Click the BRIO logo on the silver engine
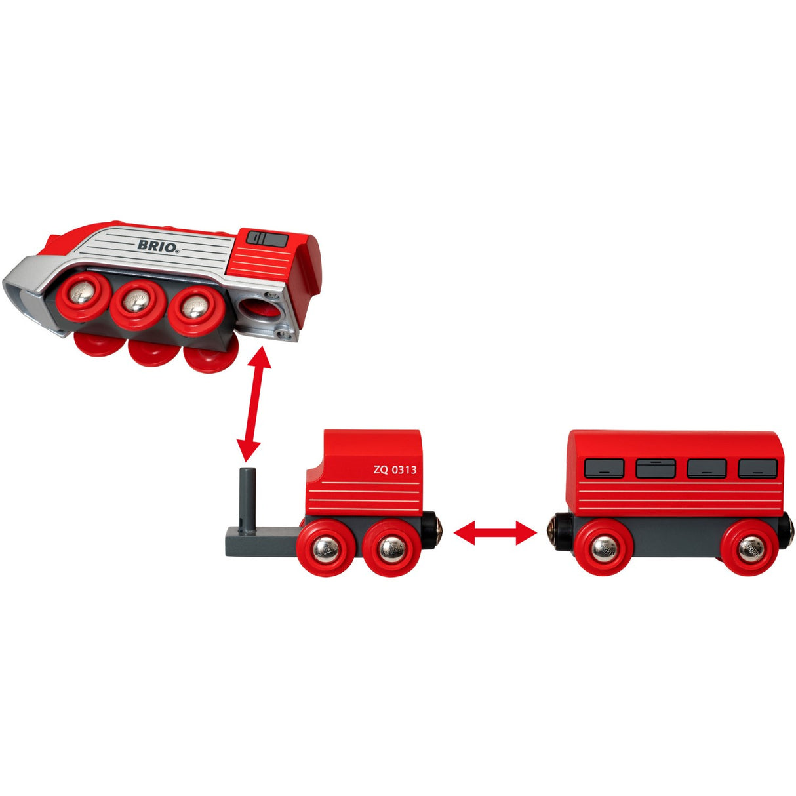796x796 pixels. pyautogui.click(x=158, y=246)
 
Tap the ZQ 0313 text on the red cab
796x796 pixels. pyautogui.click(x=395, y=469)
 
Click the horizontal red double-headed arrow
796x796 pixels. pyautogui.click(x=495, y=533)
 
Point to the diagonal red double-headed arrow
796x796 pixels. pyautogui.click(x=254, y=404)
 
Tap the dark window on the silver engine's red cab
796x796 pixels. pyautogui.click(x=268, y=239)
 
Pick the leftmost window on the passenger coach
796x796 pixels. pyautogui.click(x=604, y=468)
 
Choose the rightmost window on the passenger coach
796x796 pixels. pyautogui.click(x=757, y=469)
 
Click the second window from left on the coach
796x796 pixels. pyautogui.click(x=656, y=468)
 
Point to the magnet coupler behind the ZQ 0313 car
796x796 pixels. pyautogui.click(x=432, y=530)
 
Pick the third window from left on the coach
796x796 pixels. pyautogui.click(x=707, y=468)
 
